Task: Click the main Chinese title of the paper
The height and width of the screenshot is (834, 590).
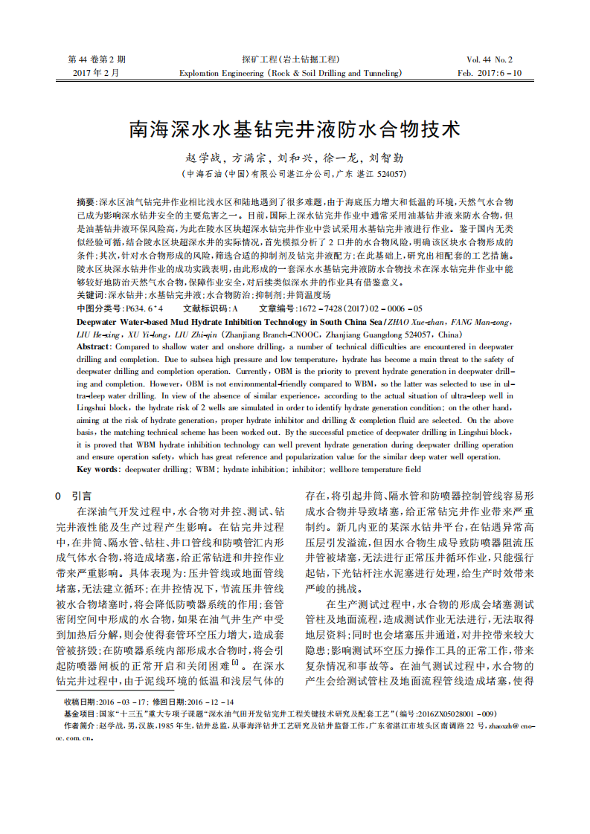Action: (295, 129)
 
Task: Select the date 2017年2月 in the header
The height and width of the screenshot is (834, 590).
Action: (96, 73)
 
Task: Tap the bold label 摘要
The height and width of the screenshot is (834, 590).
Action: (86, 202)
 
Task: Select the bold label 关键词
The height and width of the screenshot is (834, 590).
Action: (90, 295)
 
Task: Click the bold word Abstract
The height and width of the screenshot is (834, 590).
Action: (94, 347)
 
